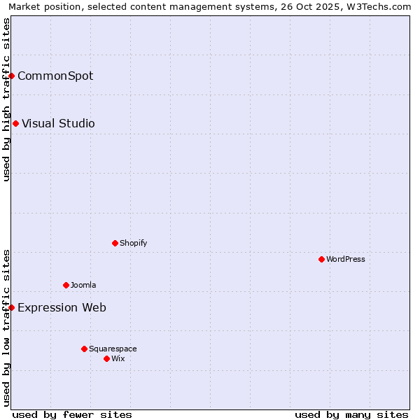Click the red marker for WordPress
click(x=321, y=259)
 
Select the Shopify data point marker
click(x=115, y=243)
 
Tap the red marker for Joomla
click(x=66, y=285)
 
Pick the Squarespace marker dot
click(x=84, y=349)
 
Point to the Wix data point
click(x=106, y=358)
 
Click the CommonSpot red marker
click(x=12, y=76)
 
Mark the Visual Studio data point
click(x=15, y=123)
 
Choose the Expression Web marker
click(x=12, y=307)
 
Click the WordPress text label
click(x=346, y=259)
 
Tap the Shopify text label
click(x=134, y=243)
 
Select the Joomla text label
click(x=83, y=285)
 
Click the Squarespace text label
click(x=113, y=349)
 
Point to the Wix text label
click(x=118, y=358)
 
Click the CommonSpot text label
click(x=55, y=76)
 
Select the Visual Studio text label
click(x=58, y=123)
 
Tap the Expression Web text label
click(x=62, y=307)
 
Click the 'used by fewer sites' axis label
click(x=72, y=414)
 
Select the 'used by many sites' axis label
click(x=351, y=414)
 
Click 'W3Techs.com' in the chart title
click(x=381, y=6)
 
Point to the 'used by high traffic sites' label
click(x=6, y=99)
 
